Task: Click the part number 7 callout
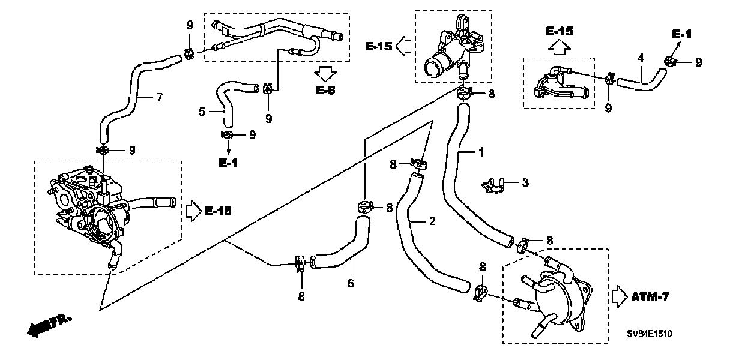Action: coord(159,98)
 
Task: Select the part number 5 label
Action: coord(202,111)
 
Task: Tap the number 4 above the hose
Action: coord(641,58)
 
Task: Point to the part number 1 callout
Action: coord(481,152)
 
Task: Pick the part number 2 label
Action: coord(432,221)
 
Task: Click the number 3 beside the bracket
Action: coord(525,182)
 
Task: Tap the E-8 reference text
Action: coord(326,91)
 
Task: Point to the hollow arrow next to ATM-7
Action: coord(618,296)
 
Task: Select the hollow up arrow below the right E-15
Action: coord(559,46)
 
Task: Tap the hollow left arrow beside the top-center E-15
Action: coord(403,45)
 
